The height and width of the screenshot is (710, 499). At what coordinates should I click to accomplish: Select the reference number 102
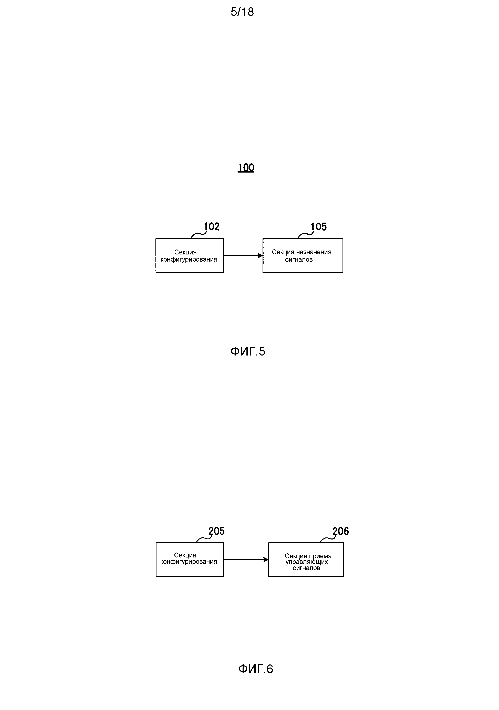coord(212,227)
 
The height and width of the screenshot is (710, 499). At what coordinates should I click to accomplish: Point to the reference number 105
coord(319,227)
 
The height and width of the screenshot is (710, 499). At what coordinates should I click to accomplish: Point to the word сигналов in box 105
coord(299,260)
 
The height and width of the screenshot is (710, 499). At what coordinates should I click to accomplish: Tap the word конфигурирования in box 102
coord(189,260)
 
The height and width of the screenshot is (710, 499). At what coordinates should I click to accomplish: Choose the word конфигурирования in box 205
coord(189,562)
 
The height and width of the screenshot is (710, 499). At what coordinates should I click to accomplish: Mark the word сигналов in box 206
coord(306,568)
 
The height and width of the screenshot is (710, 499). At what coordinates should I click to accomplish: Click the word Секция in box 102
coord(185,252)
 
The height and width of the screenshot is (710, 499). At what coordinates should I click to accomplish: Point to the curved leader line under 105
coord(305,235)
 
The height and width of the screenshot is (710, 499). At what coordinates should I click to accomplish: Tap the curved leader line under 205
coord(203,540)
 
